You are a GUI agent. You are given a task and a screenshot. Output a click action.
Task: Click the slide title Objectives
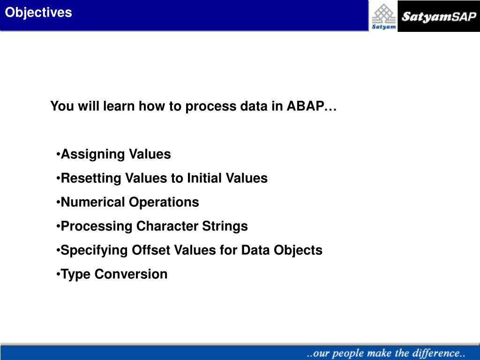tap(38, 13)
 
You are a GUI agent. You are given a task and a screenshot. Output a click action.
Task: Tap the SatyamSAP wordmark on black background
tap(439, 16)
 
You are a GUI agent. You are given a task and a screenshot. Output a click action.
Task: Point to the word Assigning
tap(92, 154)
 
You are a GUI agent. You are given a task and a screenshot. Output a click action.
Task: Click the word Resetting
tap(91, 178)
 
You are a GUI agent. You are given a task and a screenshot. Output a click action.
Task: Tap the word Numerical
tap(93, 202)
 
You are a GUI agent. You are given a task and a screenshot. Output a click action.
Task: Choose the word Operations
tap(164, 202)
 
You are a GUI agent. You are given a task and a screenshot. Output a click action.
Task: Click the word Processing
tap(97, 226)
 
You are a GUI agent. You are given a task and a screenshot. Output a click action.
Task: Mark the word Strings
tap(225, 226)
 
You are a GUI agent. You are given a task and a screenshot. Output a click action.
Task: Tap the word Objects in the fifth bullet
tap(298, 250)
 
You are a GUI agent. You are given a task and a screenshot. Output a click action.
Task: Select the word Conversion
tap(131, 274)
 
